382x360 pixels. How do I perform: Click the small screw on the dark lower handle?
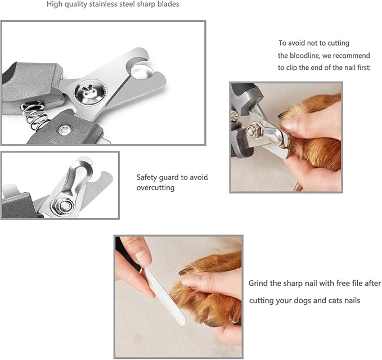(65, 130)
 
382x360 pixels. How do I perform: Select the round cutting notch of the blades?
(141, 69)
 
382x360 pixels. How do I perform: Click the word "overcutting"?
(155, 188)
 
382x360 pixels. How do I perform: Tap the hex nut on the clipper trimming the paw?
(255, 132)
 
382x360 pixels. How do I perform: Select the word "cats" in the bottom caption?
(335, 300)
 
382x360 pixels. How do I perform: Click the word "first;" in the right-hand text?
(364, 67)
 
